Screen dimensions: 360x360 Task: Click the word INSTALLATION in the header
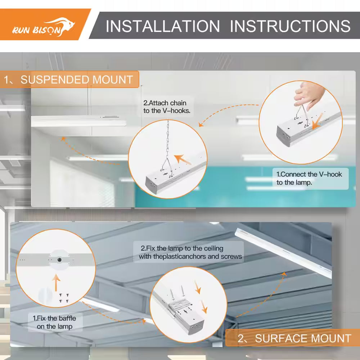[x=163, y=26]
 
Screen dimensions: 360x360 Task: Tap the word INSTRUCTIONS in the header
[x=290, y=26]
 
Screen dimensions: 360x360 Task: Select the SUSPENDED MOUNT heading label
[x=69, y=80]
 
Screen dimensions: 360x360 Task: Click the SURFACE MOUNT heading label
[x=293, y=338]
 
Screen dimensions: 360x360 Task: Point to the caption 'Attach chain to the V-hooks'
[x=167, y=107]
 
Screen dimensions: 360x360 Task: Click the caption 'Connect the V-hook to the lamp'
[x=309, y=179]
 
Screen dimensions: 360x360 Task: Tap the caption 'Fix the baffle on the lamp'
[x=55, y=322]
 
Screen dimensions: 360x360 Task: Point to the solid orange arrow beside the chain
[x=183, y=159]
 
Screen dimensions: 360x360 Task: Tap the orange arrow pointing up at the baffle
[x=56, y=283]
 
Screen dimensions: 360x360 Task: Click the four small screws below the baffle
[x=64, y=298]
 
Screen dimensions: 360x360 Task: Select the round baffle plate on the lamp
[x=59, y=260]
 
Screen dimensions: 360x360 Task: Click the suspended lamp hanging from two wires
[x=78, y=121]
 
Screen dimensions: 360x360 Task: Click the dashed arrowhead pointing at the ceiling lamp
[x=284, y=274]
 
